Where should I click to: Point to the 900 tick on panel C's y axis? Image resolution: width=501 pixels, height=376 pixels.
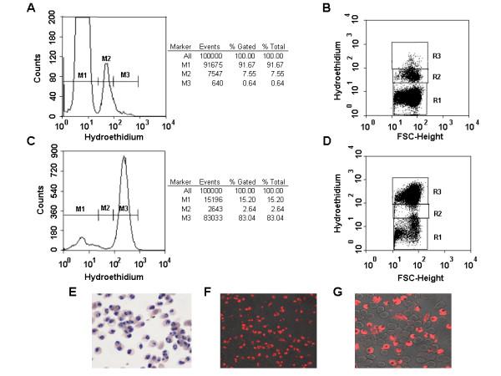pyautogui.click(x=50, y=147)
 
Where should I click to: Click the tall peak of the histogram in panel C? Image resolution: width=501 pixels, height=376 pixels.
pyautogui.click(x=124, y=156)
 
